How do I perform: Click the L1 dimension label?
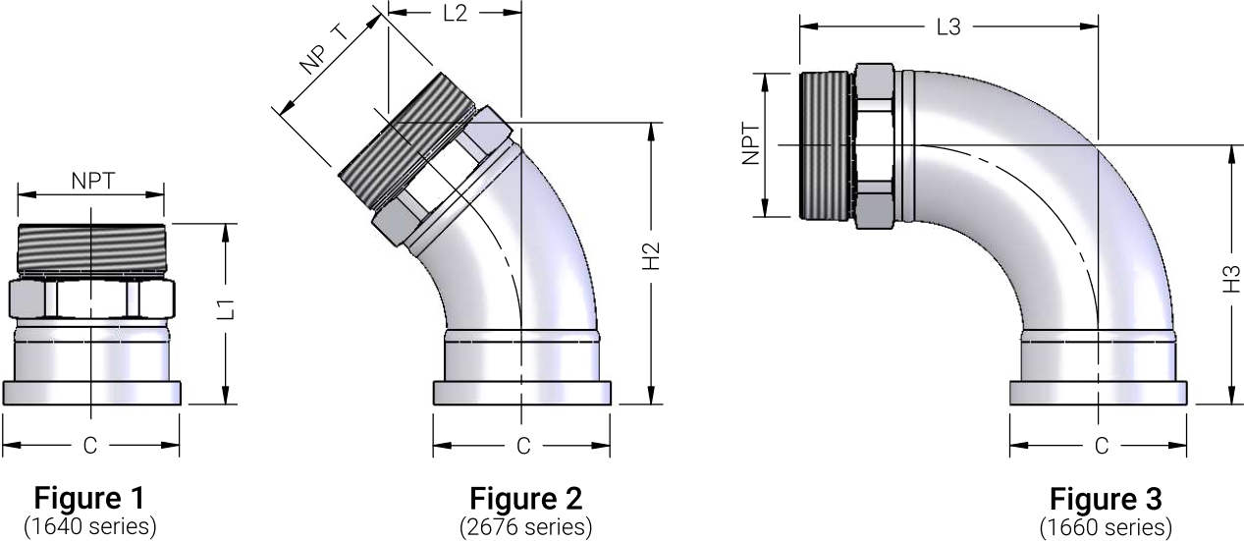227,309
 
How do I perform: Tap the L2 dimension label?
456,14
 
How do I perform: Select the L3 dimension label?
948,27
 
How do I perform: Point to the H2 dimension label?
651,256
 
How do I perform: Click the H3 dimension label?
1232,279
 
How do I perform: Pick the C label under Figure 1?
90,446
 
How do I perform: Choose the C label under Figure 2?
523,446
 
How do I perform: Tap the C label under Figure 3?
1102,446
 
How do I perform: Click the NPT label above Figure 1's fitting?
93,181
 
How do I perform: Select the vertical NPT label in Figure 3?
751,144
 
